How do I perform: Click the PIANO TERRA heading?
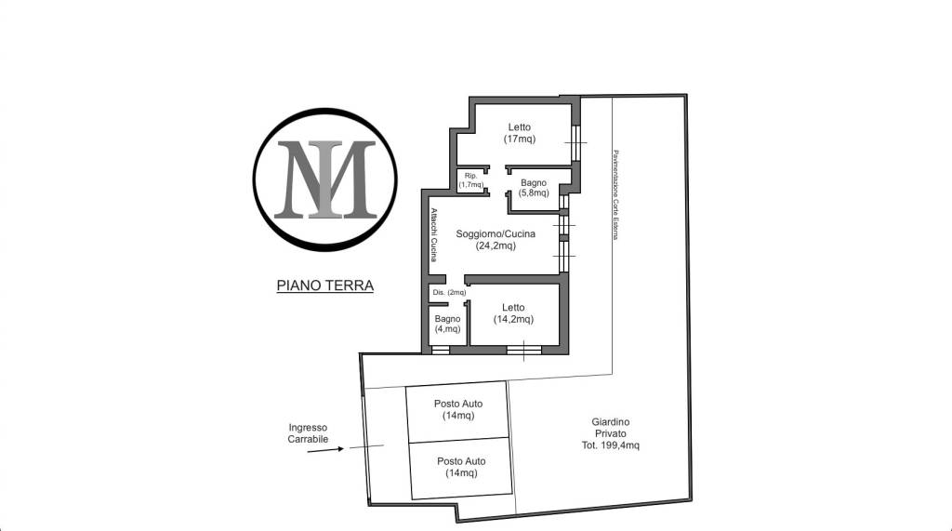(324, 285)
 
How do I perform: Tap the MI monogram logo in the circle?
(325, 179)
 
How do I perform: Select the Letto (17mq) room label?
(519, 133)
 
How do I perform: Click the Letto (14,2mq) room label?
(513, 313)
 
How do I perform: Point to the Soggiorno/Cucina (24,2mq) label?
(496, 239)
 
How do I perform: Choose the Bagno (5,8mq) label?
(533, 188)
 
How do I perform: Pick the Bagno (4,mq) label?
(447, 324)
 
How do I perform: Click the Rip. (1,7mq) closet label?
(471, 179)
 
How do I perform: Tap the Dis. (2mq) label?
(449, 292)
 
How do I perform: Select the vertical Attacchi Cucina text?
(433, 234)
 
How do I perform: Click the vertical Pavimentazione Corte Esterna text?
(615, 194)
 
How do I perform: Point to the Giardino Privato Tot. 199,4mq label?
(610, 433)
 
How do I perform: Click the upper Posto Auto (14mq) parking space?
(457, 411)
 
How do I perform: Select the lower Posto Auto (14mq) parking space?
(461, 468)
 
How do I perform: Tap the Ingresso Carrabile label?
(308, 433)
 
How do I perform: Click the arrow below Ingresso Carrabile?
(325, 450)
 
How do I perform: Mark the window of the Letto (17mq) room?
(575, 142)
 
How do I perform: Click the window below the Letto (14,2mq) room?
(524, 350)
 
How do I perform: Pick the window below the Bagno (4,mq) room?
(440, 350)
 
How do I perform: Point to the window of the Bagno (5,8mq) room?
(564, 203)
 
